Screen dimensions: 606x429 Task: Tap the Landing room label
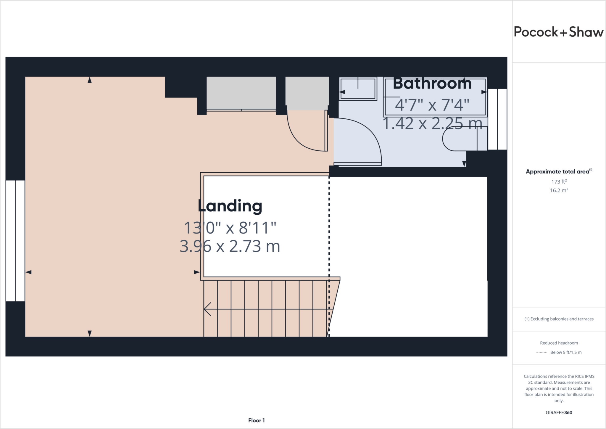[x=230, y=206]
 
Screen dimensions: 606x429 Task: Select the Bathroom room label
[x=432, y=83]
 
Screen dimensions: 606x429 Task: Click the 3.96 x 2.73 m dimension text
[x=230, y=246]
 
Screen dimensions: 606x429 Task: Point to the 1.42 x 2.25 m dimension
[x=433, y=123]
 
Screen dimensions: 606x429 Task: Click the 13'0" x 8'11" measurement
[x=230, y=228]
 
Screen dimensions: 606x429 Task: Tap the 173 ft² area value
[x=559, y=181]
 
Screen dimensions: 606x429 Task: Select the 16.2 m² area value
[x=559, y=190]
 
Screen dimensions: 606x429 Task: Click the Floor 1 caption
[x=256, y=420]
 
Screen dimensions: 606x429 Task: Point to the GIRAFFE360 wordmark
[x=559, y=412]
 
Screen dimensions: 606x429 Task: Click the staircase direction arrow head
[x=207, y=309]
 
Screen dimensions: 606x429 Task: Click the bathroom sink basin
[x=358, y=89]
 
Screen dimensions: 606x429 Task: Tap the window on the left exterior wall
[x=15, y=241]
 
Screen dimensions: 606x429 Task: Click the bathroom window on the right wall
[x=497, y=119]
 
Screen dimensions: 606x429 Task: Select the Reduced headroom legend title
[x=559, y=343]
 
